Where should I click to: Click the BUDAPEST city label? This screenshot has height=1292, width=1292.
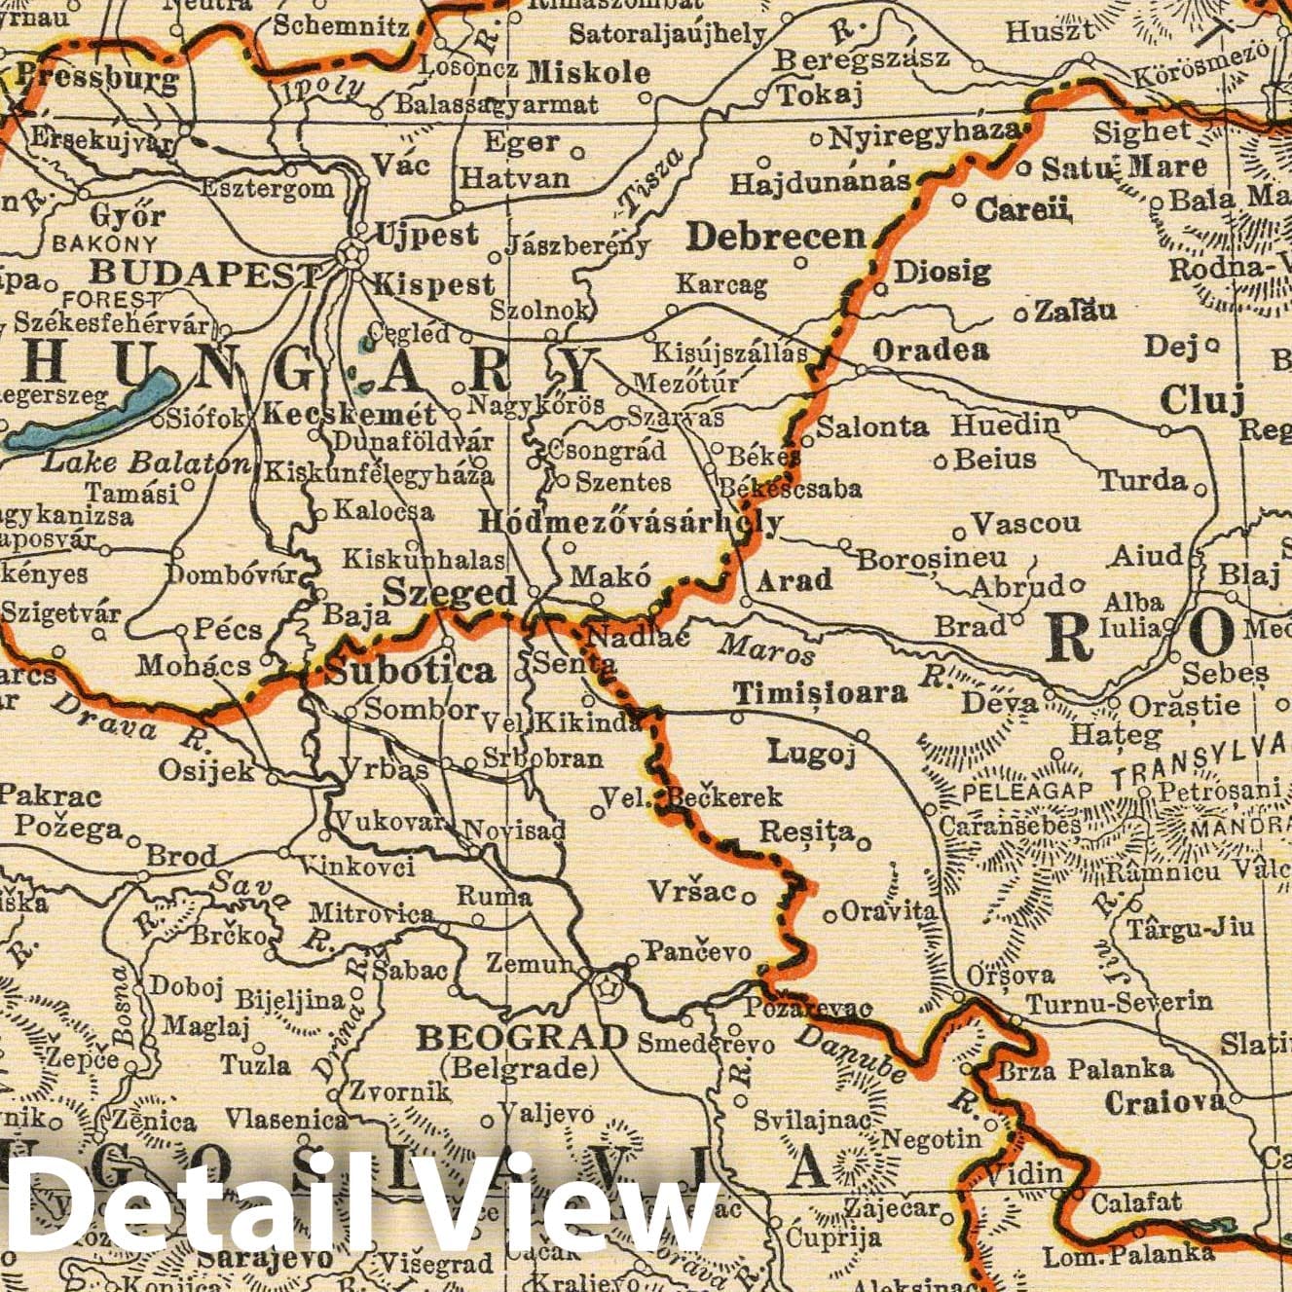[x=203, y=275]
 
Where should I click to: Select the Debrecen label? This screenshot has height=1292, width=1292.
[x=776, y=236]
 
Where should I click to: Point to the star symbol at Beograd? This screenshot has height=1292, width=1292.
[x=608, y=986]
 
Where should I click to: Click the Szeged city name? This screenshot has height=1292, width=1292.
[x=449, y=592]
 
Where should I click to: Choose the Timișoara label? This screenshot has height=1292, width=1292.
[x=820, y=693]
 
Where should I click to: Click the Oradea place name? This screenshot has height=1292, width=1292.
[x=931, y=350]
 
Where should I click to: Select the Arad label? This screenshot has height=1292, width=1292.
[x=794, y=580]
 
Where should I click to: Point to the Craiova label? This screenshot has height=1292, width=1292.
[x=1164, y=1102]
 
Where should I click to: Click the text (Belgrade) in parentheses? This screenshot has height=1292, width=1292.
[x=519, y=1068]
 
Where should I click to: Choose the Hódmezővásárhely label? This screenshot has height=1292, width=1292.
[x=630, y=523]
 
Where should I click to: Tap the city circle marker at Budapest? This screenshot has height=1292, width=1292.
[x=348, y=255]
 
